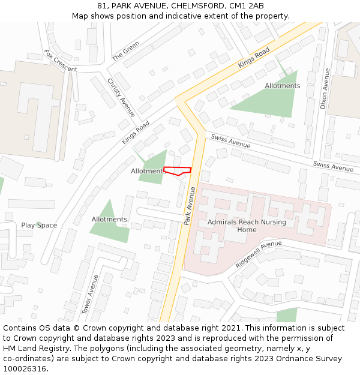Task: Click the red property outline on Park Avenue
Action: (178, 171)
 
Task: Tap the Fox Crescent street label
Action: (61, 61)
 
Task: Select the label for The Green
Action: (125, 51)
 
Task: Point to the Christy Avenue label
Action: (121, 97)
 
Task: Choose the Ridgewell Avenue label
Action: (259, 254)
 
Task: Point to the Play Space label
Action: (39, 226)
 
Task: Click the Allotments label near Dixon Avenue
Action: (282, 86)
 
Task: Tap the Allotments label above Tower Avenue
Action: (109, 220)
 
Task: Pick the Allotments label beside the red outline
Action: (147, 171)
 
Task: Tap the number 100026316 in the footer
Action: (24, 369)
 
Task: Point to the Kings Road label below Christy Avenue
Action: (136, 131)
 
